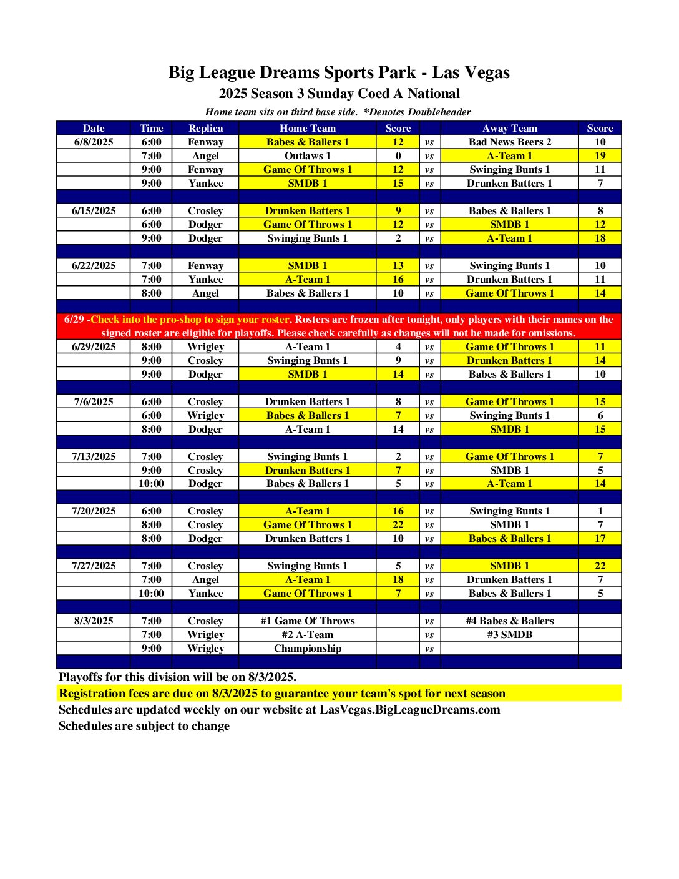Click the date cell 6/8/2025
94,142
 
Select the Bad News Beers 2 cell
509,142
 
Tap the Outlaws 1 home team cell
307,156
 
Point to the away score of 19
600,156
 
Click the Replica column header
205,129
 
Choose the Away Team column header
509,129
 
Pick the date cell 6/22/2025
94,266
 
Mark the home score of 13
398,266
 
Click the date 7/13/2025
94,457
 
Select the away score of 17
600,539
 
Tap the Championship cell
307,649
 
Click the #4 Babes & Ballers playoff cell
509,621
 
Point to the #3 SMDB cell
509,635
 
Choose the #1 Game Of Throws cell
307,621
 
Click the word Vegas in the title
489,73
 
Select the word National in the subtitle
433,94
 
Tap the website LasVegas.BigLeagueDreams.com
409,710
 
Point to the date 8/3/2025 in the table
94,621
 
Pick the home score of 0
398,156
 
